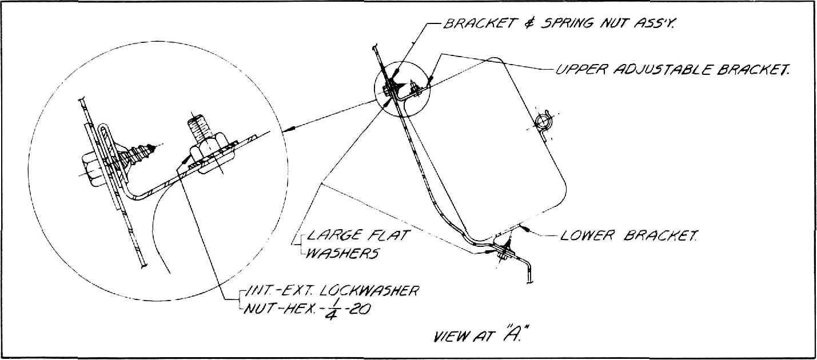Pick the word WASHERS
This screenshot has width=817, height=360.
(x=342, y=253)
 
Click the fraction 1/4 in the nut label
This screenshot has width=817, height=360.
(x=330, y=309)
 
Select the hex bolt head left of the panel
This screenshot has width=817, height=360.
(x=90, y=170)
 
